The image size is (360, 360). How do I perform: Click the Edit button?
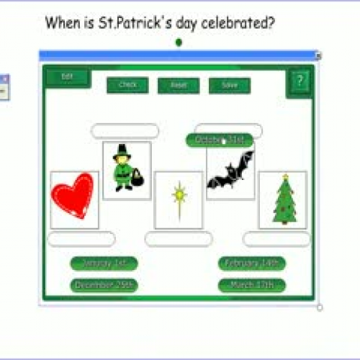click(68, 76)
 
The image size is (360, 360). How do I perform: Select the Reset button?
click(179, 85)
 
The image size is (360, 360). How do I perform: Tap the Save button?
click(230, 85)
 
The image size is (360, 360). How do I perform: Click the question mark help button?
click(300, 83)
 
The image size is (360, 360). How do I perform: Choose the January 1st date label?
click(104, 264)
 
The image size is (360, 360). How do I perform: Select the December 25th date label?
click(104, 285)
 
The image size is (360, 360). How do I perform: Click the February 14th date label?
click(252, 264)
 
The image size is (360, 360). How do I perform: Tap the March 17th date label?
click(252, 285)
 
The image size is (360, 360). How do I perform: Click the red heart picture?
click(73, 197)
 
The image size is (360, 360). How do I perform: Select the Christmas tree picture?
click(284, 199)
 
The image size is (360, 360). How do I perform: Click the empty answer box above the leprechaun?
click(125, 131)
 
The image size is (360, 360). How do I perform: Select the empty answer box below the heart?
click(81, 240)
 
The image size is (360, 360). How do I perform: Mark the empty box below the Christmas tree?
click(276, 240)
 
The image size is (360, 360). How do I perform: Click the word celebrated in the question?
click(238, 23)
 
